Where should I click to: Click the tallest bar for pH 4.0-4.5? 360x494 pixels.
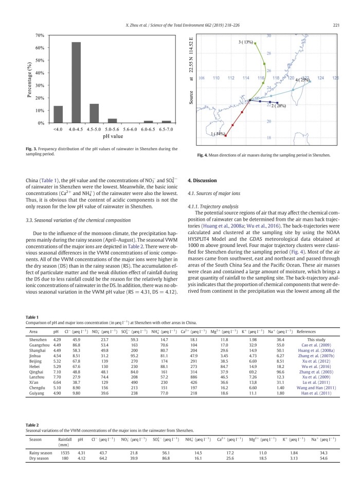[76, 82]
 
